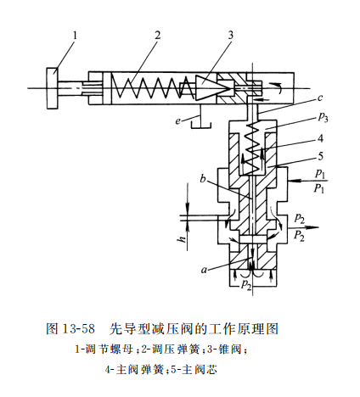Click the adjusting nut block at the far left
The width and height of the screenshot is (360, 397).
point(52,85)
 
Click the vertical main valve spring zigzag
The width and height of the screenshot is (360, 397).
point(251,140)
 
